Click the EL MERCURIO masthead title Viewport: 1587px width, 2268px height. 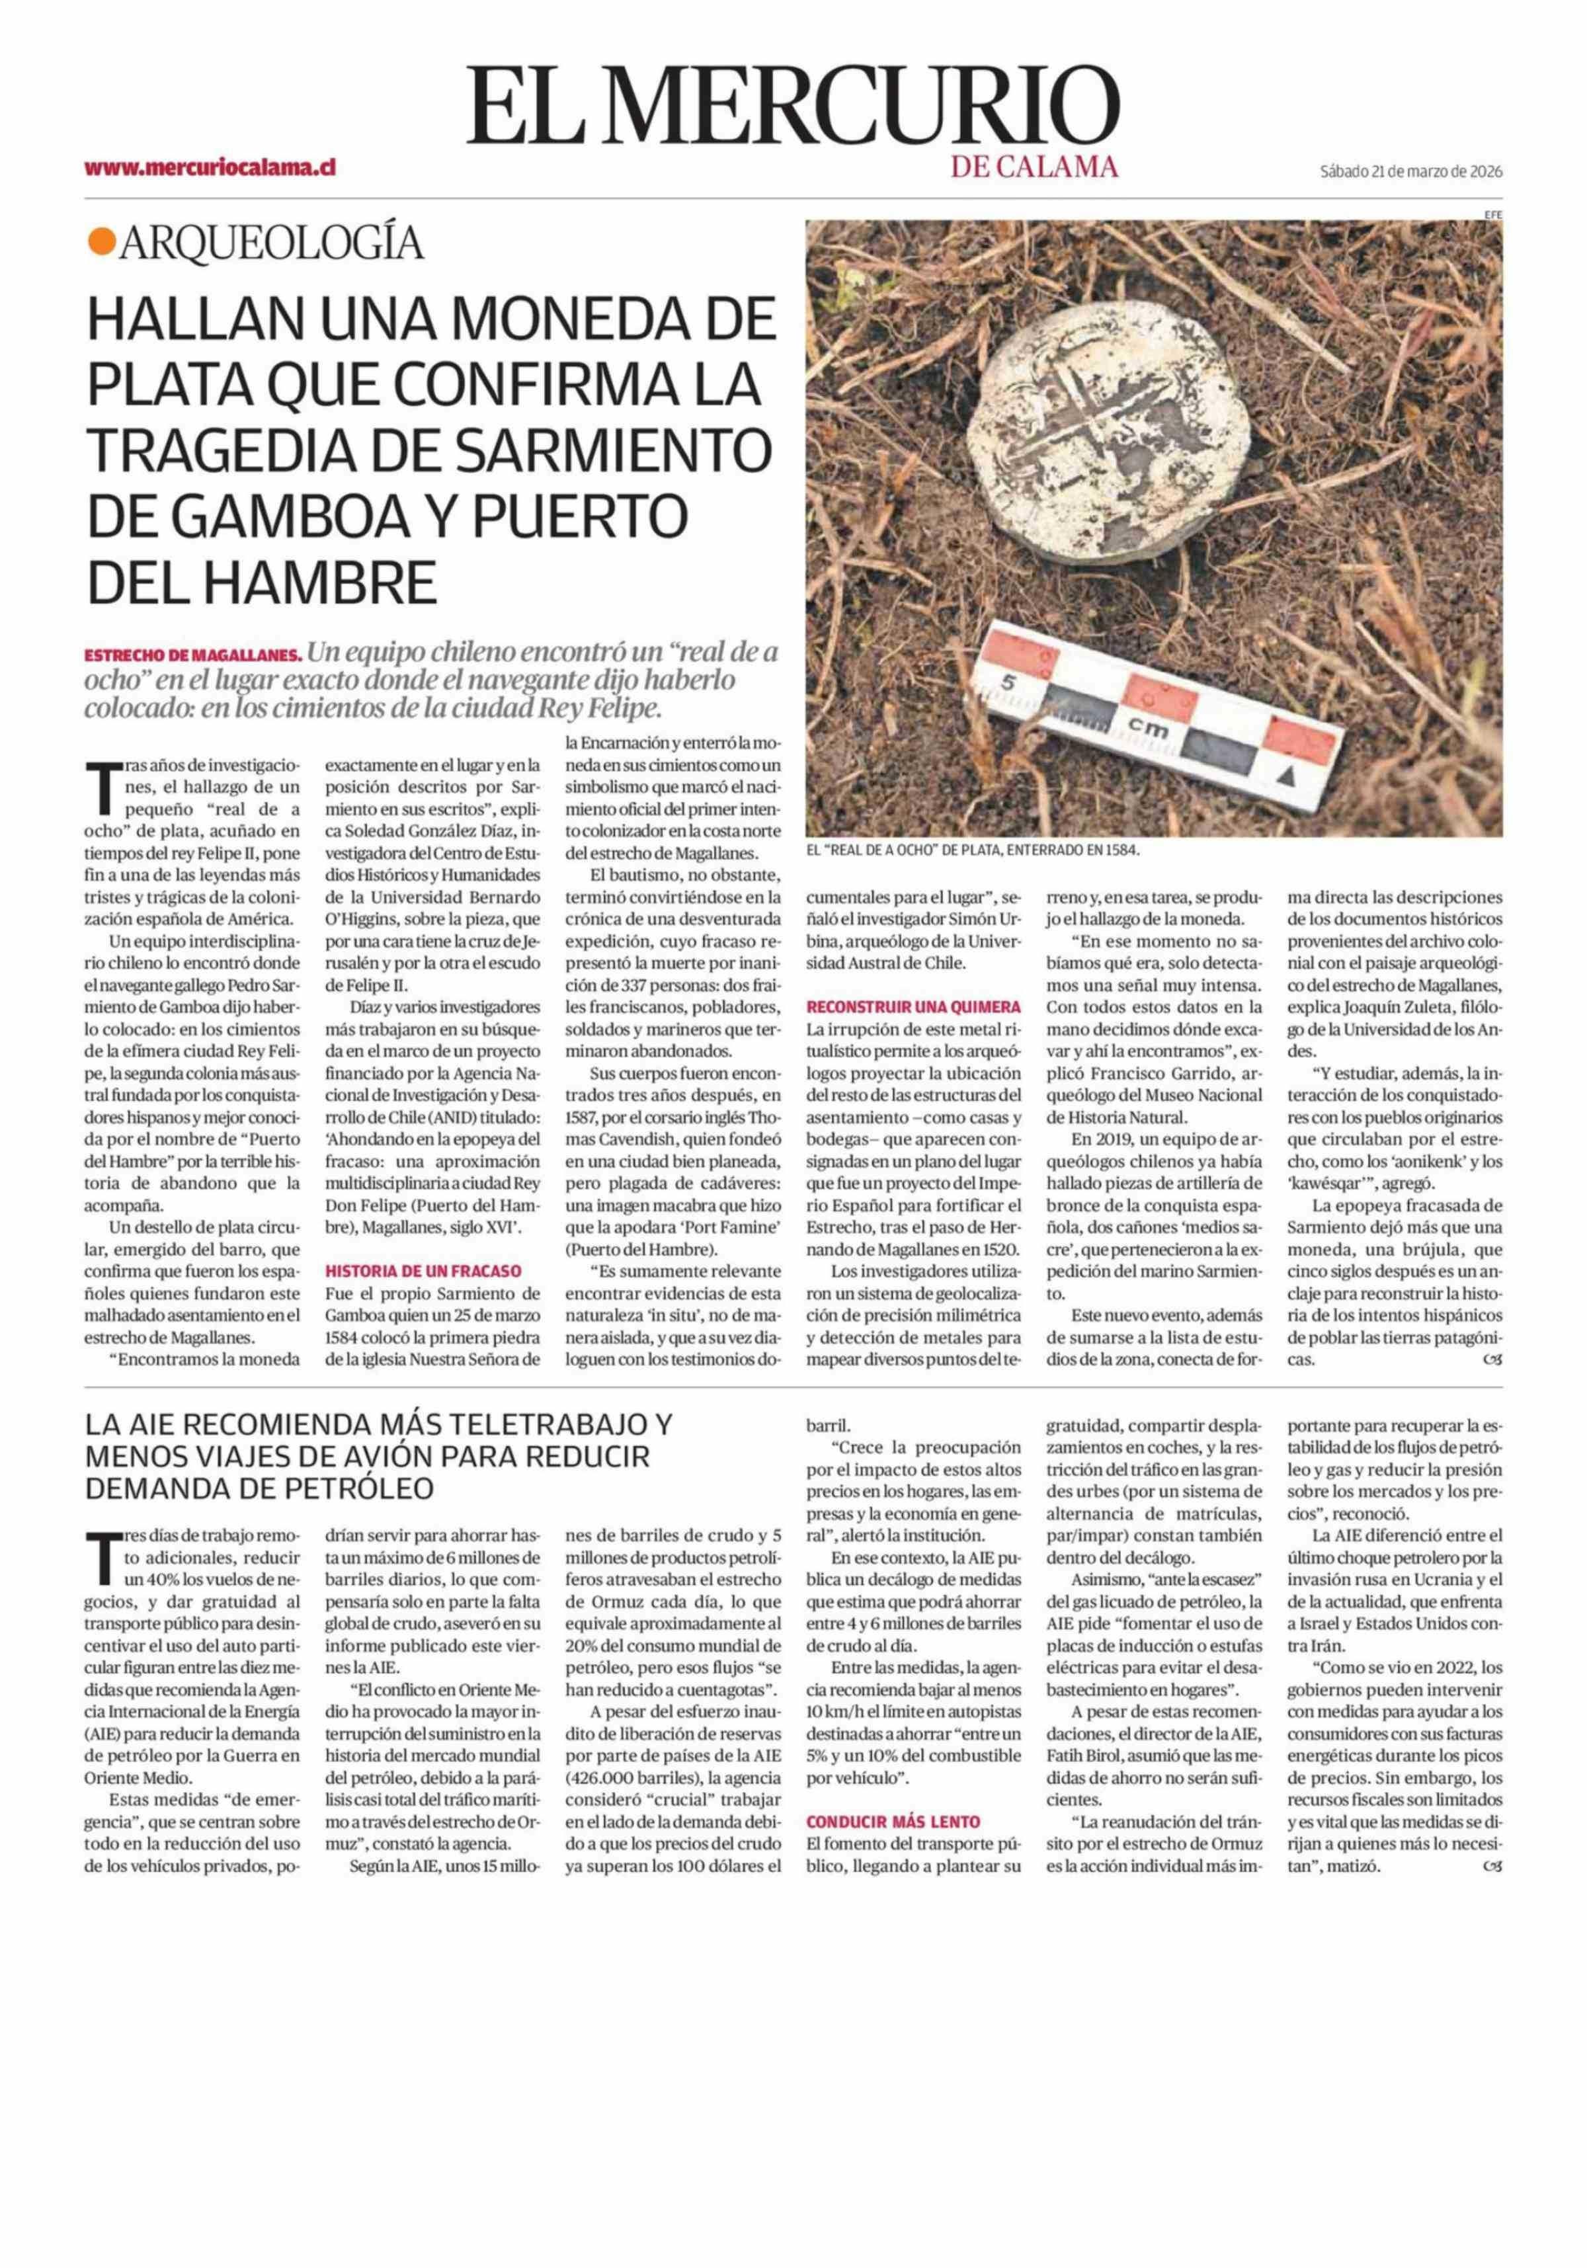(793, 106)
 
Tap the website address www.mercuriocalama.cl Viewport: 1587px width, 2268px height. (210, 168)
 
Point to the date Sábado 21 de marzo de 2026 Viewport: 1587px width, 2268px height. (1410, 171)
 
